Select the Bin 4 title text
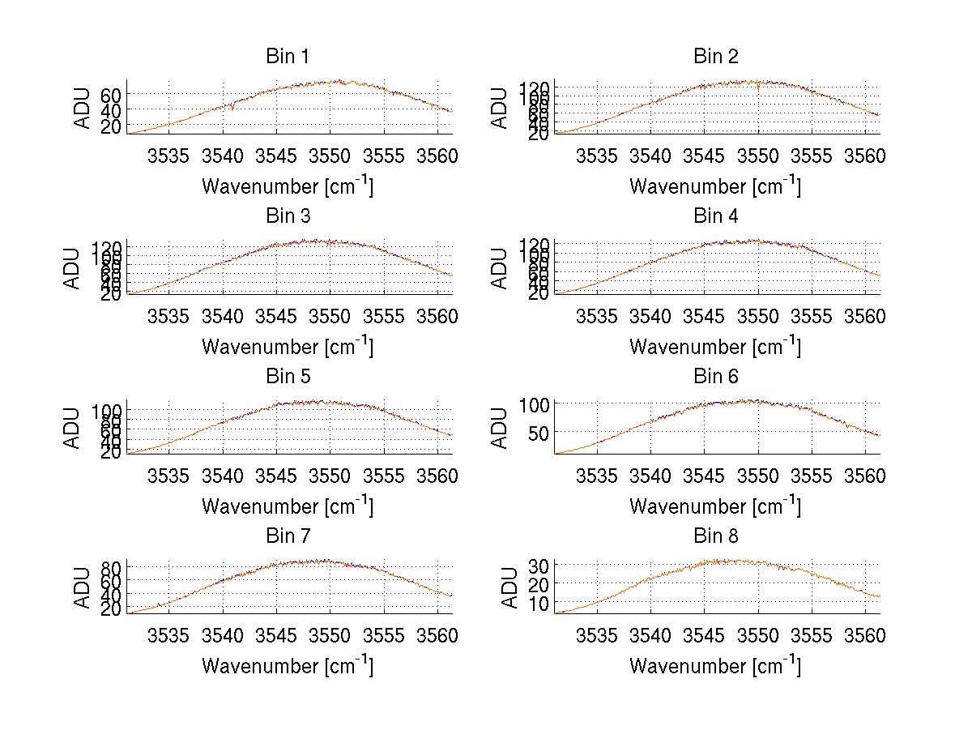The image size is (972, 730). click(715, 216)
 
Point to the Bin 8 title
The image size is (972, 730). click(715, 536)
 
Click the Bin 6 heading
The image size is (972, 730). click(715, 377)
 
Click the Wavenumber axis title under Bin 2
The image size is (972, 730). click(715, 186)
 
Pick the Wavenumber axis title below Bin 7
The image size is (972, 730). click(287, 666)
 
